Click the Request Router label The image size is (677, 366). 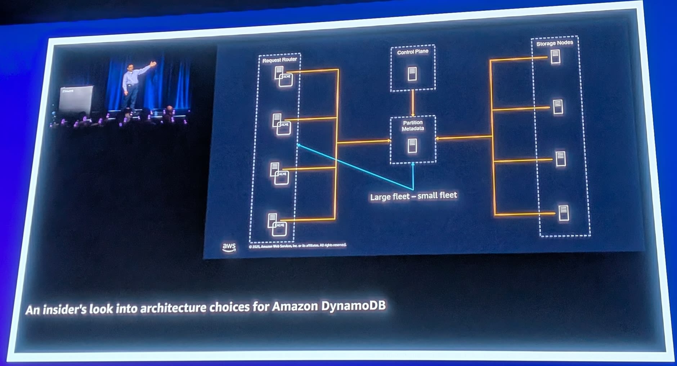click(279, 60)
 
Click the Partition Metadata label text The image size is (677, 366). click(413, 126)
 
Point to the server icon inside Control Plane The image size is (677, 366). click(412, 74)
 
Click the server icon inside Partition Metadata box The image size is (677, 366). click(412, 146)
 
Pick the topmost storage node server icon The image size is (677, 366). click(555, 57)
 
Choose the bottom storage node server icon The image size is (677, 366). click(564, 213)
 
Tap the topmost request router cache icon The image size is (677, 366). click(286, 80)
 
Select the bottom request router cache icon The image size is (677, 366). click(279, 229)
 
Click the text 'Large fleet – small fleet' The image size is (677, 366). click(413, 196)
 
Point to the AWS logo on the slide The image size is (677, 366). click(229, 247)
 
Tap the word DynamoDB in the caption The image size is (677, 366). click(353, 306)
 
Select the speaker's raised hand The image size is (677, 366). click(154, 64)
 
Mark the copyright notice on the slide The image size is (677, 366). click(297, 246)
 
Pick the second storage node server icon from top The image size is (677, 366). click(558, 107)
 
